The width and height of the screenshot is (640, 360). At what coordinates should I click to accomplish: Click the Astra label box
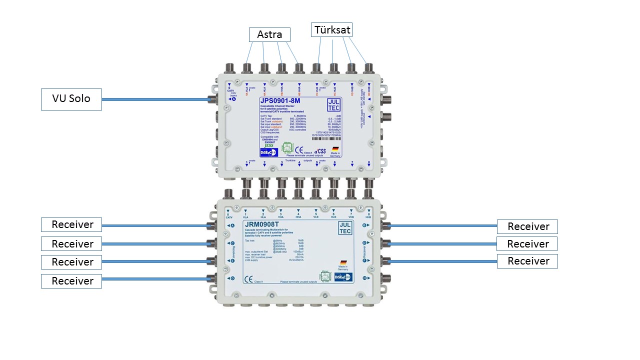click(269, 34)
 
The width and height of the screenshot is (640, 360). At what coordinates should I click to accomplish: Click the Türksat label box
click(331, 30)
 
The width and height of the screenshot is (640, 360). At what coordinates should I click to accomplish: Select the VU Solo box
click(71, 99)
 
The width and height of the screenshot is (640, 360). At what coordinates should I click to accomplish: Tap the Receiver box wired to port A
click(71, 225)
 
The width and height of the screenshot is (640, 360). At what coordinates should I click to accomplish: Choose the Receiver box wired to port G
click(71, 281)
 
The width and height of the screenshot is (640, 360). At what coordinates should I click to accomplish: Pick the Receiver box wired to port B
click(527, 226)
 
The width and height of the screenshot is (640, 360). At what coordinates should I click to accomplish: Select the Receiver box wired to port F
click(527, 261)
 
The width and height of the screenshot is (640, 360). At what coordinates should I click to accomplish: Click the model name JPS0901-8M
click(280, 101)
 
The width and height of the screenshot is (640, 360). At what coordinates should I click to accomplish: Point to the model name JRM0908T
click(261, 224)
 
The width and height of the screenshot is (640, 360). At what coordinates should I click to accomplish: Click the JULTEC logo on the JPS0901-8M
click(334, 104)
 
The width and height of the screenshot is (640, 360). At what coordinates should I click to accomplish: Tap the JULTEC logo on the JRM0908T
click(345, 228)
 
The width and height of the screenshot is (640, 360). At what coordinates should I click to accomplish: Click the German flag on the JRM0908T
click(343, 262)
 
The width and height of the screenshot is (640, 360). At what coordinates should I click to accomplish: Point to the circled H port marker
click(365, 278)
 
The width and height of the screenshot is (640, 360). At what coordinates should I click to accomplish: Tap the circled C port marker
click(232, 243)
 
